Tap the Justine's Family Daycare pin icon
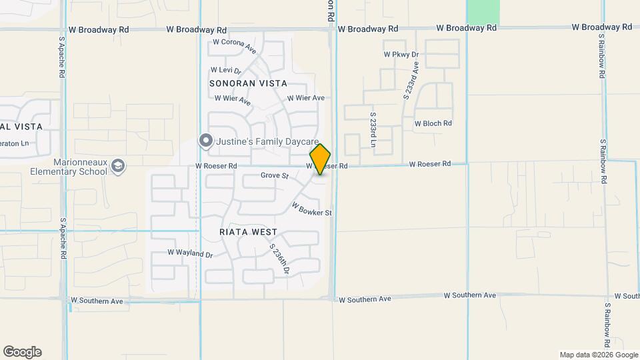coord(206,141)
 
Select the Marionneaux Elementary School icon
coord(118,165)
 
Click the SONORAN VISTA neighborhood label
coord(248,83)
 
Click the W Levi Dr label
coord(225,69)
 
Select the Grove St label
coord(274,176)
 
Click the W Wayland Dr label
coord(189,253)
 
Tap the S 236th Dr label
coord(279,259)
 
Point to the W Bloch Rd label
coord(433,123)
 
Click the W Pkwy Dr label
coord(401,54)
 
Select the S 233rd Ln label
coord(373,130)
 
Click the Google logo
coord(22,352)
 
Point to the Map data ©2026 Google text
coord(598,355)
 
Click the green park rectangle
coord(483,10)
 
